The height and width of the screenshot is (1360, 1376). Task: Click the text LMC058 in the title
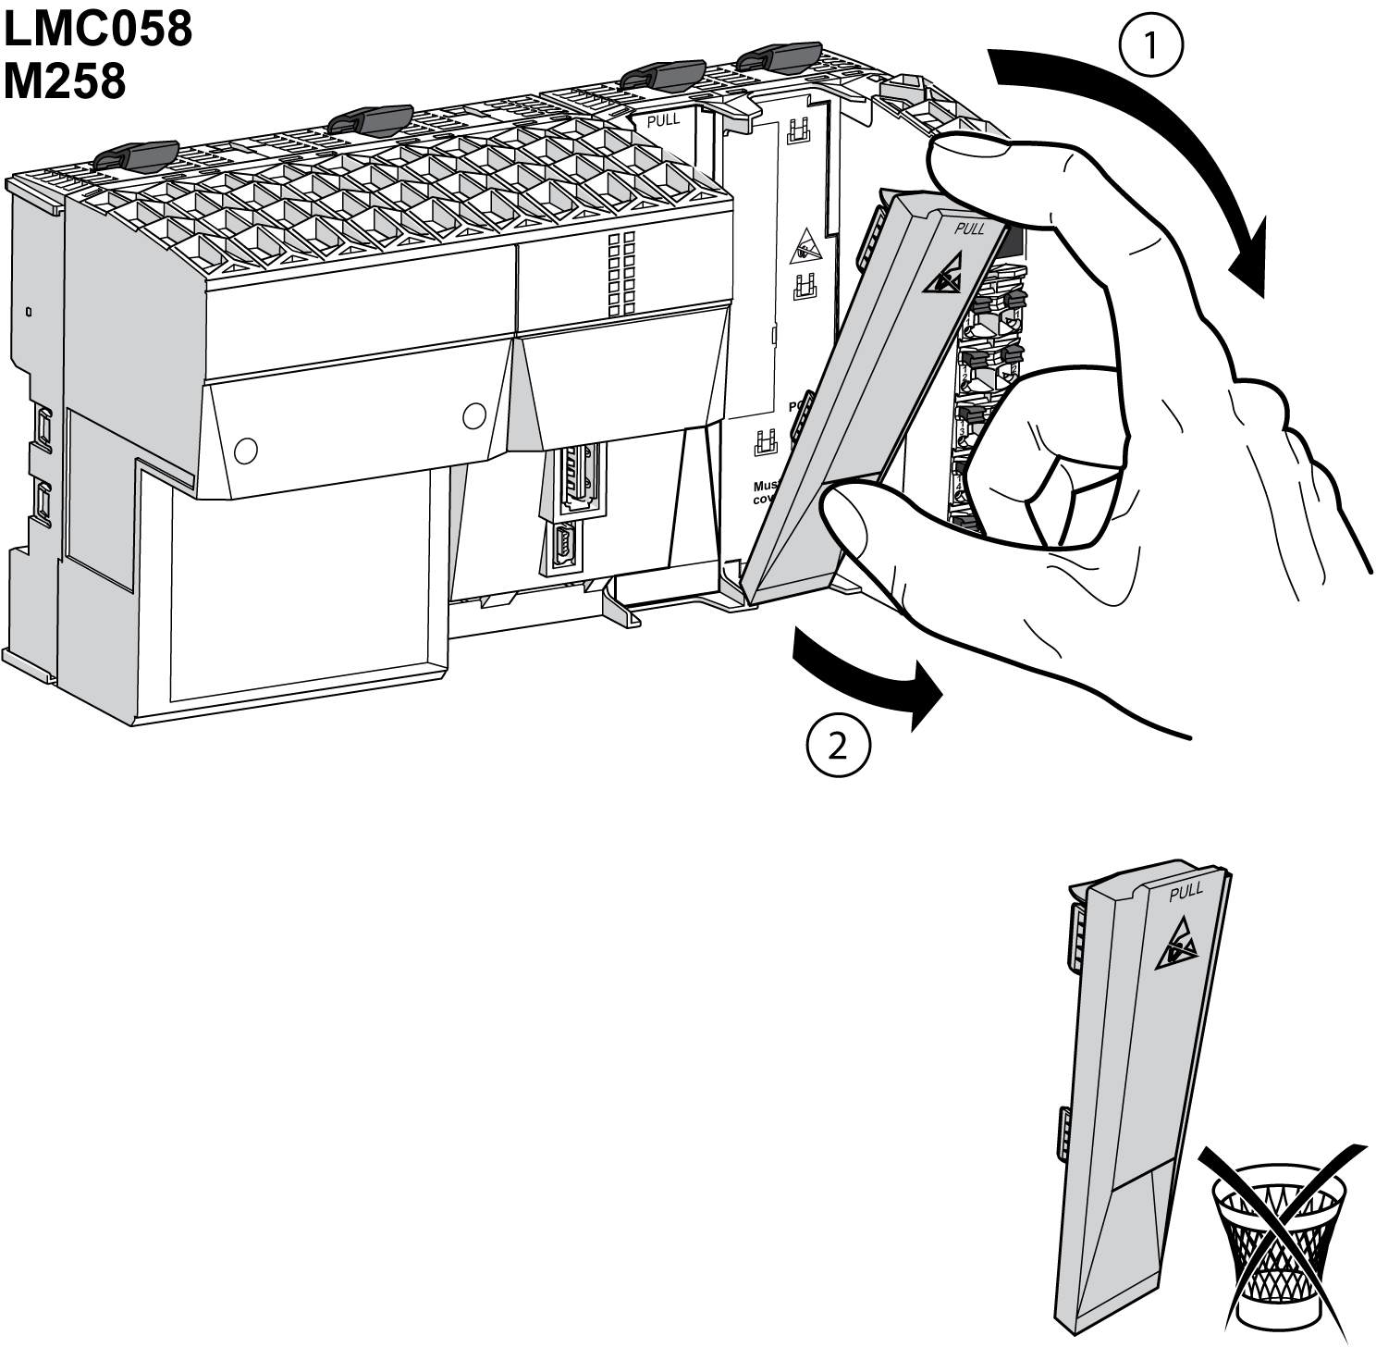[97, 31]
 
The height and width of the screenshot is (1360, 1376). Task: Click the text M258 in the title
[65, 80]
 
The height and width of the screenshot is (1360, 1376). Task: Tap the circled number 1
[1150, 45]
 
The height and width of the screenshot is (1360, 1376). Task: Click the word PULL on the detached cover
[1186, 892]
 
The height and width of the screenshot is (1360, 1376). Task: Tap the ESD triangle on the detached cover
[1177, 946]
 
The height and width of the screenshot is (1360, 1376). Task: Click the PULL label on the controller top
[664, 119]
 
